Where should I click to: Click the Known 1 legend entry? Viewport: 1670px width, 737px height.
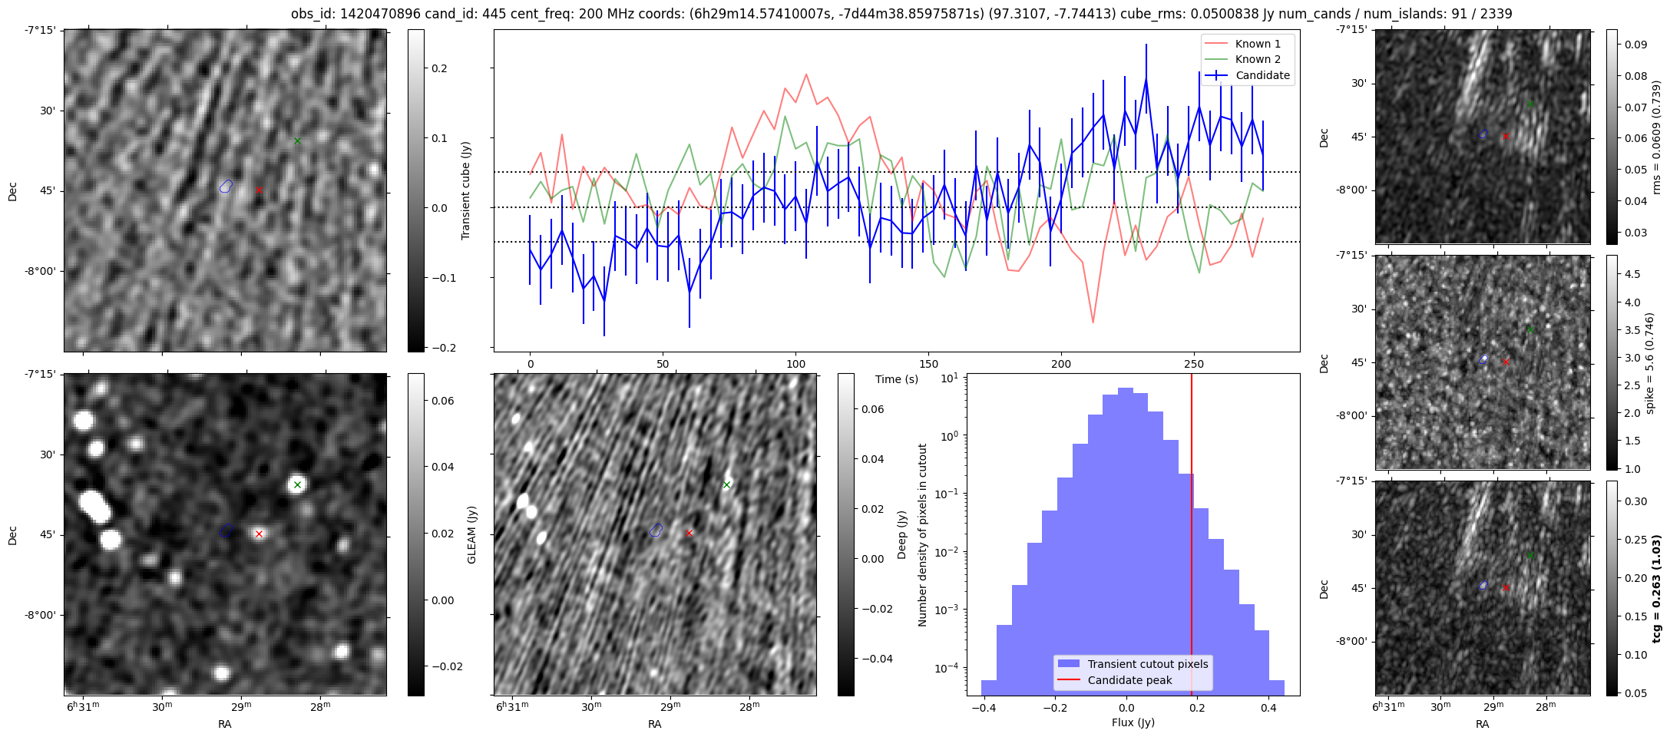point(1258,44)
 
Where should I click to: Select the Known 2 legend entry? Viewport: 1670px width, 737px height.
point(1258,59)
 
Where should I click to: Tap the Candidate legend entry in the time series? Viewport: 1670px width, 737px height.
point(1262,75)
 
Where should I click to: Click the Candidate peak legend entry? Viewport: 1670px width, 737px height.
point(1129,680)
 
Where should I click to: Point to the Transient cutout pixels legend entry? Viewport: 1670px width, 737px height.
point(1147,664)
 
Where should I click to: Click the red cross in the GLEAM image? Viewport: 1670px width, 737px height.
point(259,534)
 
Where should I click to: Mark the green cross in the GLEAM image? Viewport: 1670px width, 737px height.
point(297,484)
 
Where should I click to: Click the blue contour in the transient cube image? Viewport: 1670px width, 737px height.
point(226,186)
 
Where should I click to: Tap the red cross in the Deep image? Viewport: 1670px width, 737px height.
point(689,533)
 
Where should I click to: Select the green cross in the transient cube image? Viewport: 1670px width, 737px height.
point(297,140)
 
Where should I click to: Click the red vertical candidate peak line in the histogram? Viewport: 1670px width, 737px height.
point(1192,537)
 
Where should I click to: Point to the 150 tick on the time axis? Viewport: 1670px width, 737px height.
point(928,364)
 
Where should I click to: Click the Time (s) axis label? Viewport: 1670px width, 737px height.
point(897,379)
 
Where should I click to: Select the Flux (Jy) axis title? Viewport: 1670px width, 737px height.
point(1133,722)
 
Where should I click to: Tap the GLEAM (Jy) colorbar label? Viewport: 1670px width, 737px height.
point(471,535)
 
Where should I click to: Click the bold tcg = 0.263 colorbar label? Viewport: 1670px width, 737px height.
point(1657,588)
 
